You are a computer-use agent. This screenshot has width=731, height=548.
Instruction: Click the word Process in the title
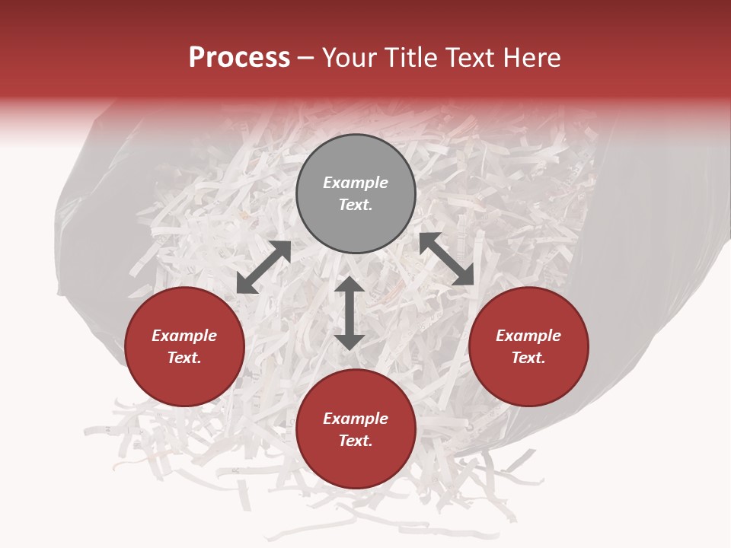pos(239,58)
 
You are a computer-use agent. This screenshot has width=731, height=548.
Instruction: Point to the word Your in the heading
pos(350,58)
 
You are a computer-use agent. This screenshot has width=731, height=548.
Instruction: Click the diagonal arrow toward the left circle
pos(263,267)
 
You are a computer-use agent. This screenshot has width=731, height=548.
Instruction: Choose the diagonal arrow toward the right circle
pos(447,259)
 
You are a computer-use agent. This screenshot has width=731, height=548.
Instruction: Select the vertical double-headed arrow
pos(350,313)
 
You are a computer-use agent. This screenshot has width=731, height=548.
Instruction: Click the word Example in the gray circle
pos(356,183)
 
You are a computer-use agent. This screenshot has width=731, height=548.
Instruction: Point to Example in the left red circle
pos(184,336)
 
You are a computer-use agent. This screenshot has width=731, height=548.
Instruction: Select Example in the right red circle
pos(528,336)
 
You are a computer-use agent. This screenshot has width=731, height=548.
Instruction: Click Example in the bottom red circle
pos(356,419)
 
